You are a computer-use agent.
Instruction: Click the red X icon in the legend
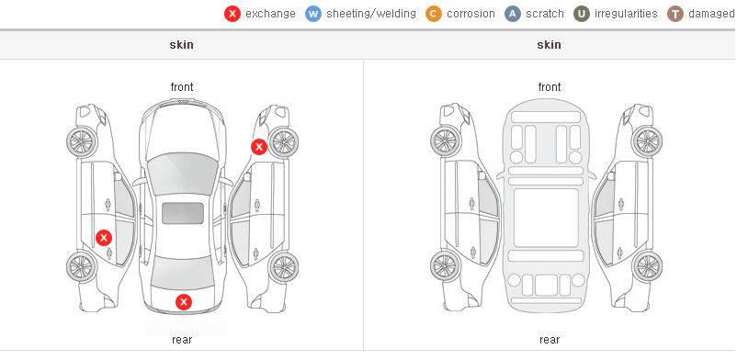[x=232, y=14]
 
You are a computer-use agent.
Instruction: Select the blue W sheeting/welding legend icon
[x=313, y=14]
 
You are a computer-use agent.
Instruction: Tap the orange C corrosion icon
[x=434, y=14]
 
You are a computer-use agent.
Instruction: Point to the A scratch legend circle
[x=513, y=14]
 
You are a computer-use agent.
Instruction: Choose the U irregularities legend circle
[x=582, y=14]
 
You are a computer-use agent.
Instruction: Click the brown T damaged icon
[x=675, y=14]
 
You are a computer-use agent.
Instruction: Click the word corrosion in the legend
[x=471, y=14]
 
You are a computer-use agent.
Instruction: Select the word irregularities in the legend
[x=626, y=14]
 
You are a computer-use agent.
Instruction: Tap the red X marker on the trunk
[x=184, y=302]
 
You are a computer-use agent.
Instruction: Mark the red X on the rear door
[x=104, y=238]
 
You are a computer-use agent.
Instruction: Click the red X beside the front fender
[x=258, y=147]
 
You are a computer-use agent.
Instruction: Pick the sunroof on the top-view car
[x=183, y=213]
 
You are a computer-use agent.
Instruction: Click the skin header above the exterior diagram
[x=181, y=45]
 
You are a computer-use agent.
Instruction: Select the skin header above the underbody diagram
[x=549, y=45]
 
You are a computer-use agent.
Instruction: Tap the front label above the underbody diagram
[x=550, y=87]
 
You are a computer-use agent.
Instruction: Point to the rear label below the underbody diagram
[x=550, y=339]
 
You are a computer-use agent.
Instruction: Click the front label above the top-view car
[x=182, y=87]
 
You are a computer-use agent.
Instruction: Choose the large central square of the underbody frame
[x=546, y=218]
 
